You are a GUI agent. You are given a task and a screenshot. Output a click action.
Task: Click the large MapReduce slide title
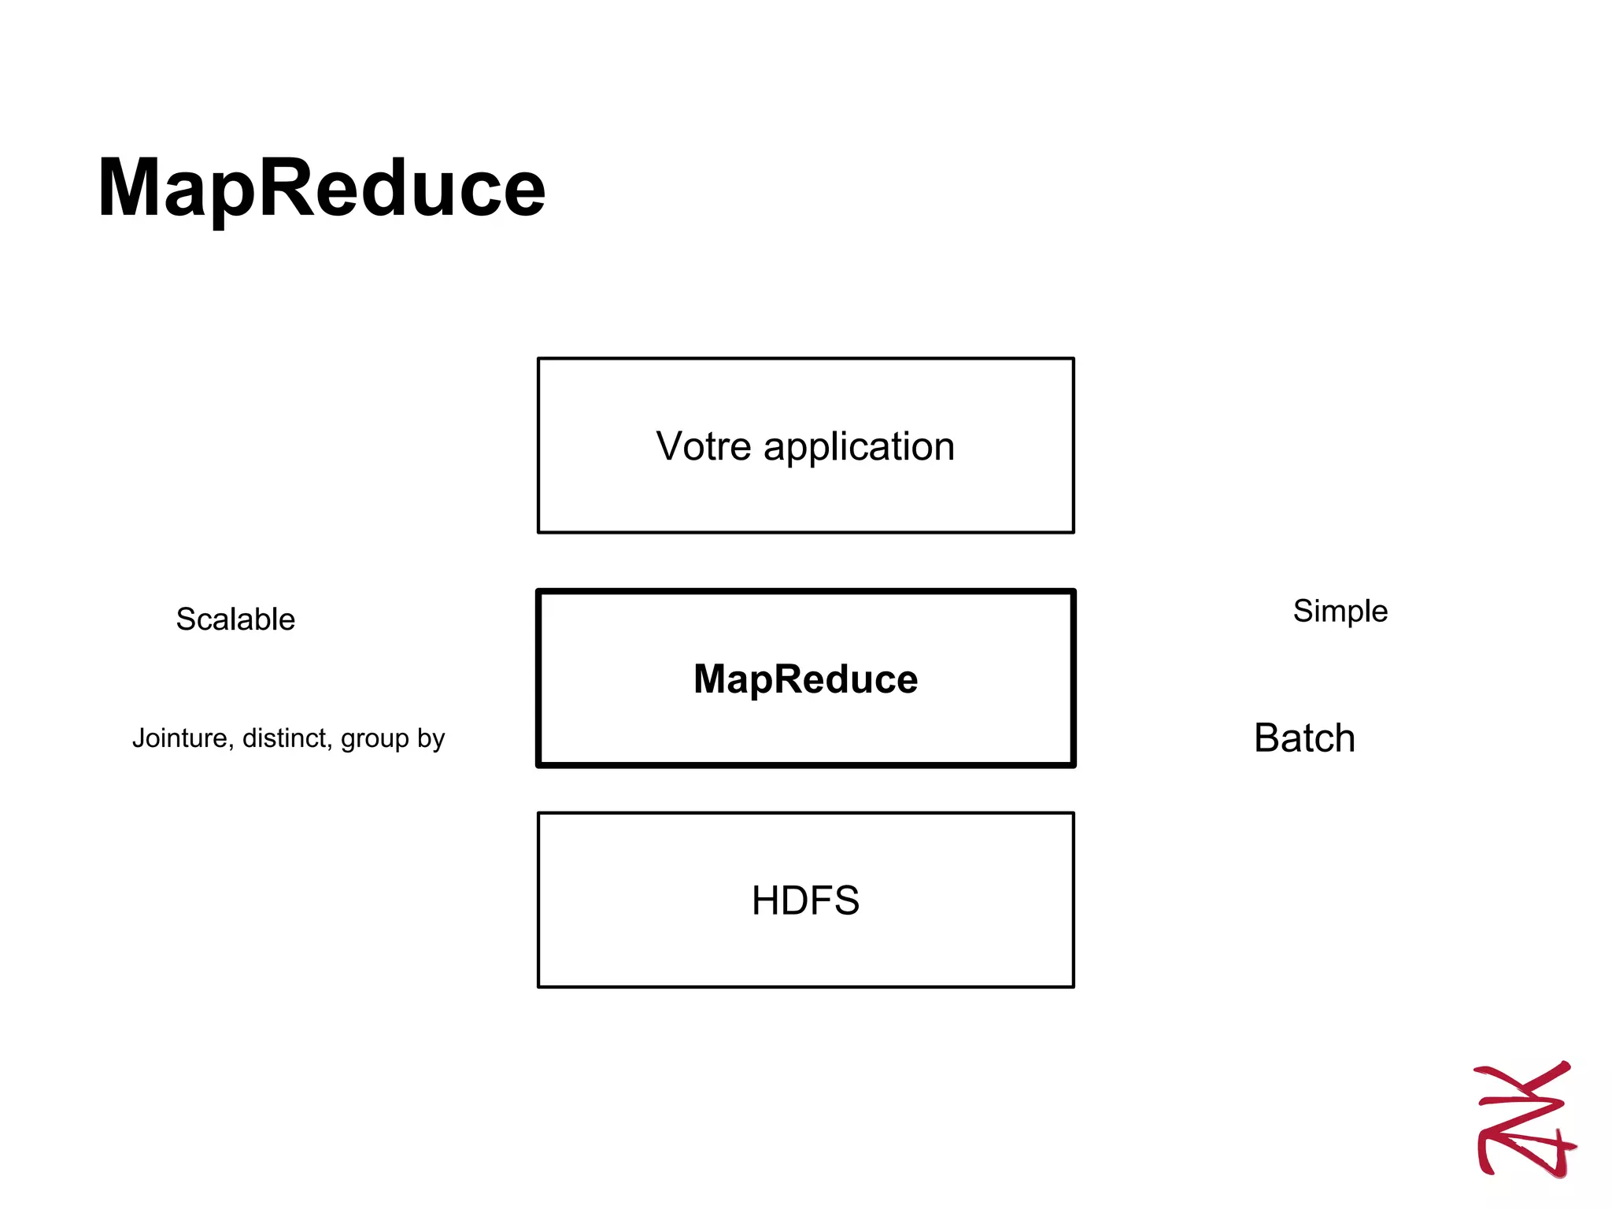point(321,189)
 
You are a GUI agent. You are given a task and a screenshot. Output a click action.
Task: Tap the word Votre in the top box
point(704,447)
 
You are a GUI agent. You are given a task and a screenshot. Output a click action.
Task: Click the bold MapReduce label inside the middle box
point(805,678)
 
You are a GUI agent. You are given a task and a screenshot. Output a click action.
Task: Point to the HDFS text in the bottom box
point(805,900)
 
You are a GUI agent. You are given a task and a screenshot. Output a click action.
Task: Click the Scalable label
point(235,619)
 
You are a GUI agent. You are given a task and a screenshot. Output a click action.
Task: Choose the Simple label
point(1340,612)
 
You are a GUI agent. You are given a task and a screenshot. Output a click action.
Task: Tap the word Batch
point(1304,738)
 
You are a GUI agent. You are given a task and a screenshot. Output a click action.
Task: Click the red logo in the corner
point(1525,1119)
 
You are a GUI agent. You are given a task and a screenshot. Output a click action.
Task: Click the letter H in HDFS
point(767,900)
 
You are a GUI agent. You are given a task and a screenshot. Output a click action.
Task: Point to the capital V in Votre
point(670,446)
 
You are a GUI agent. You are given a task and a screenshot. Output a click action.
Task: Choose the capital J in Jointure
point(139,738)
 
